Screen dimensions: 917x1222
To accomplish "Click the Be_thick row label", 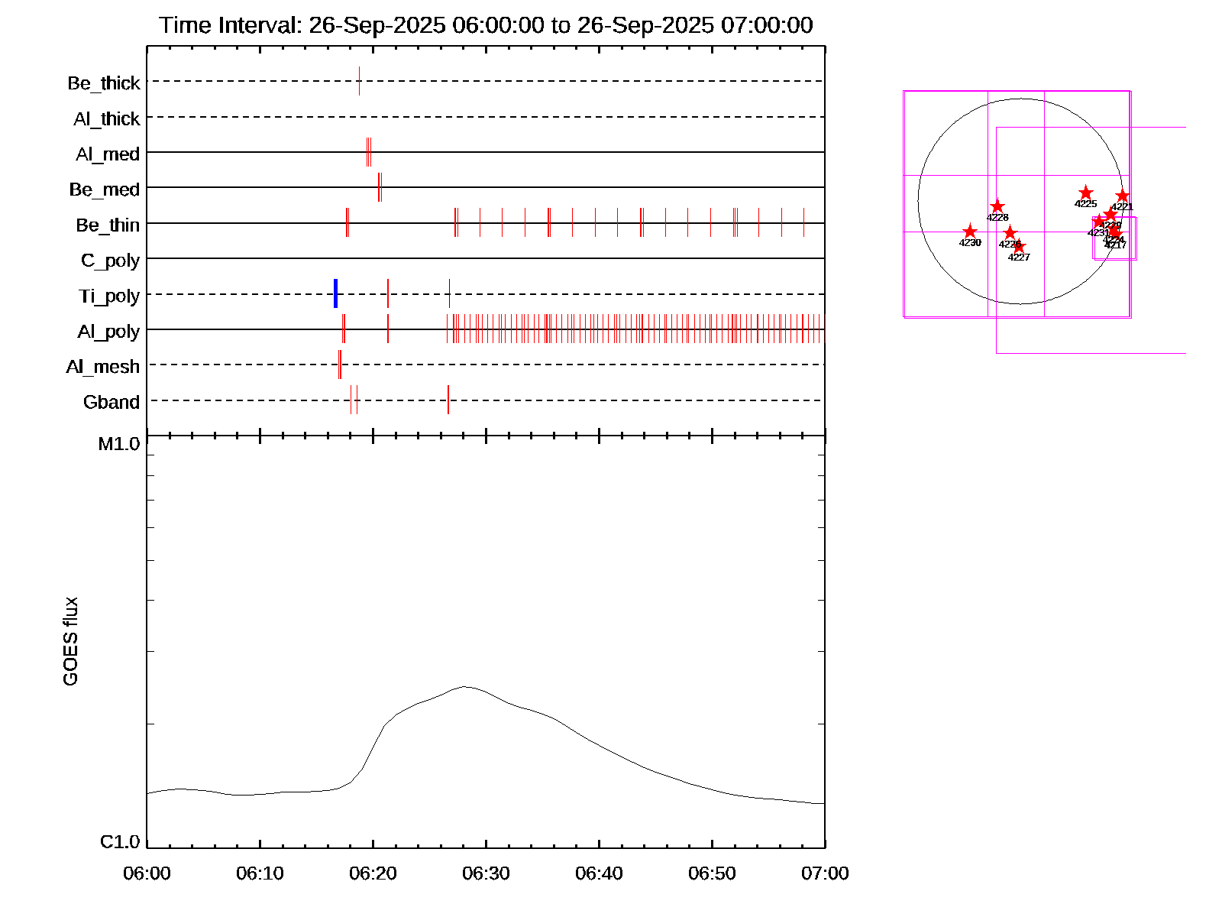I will (104, 83).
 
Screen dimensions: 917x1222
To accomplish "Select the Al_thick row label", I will (107, 119).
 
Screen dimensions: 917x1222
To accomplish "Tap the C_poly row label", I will (110, 261).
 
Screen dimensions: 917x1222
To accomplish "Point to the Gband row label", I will (112, 403).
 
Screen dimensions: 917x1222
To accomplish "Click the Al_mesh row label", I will (103, 368).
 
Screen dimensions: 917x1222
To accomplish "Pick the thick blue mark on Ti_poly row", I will (335, 294).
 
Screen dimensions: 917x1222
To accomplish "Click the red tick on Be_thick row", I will (359, 81).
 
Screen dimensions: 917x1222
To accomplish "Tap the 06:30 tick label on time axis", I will (486, 873).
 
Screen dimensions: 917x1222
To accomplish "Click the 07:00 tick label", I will (825, 873).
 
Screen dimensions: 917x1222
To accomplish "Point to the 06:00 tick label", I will (147, 873).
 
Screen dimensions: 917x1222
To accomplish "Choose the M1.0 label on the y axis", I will (119, 444).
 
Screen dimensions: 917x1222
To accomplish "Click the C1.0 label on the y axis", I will (120, 842).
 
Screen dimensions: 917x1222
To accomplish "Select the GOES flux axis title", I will (70, 642).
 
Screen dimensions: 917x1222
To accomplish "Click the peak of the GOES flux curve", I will (464, 687).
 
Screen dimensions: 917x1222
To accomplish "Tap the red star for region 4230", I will (969, 232).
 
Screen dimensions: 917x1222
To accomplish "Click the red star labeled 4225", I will (1085, 193).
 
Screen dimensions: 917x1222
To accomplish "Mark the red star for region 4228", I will (997, 207).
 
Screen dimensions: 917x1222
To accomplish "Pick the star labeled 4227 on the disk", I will (1019, 247).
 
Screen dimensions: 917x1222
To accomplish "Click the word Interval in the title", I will (260, 25).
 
